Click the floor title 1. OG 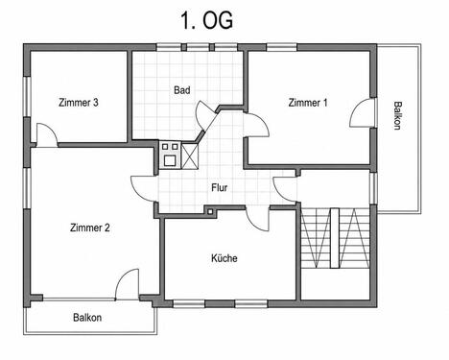pos(206,20)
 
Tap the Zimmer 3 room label pos(79,103)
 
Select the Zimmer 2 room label pos(90,228)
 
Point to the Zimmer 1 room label pos(308,103)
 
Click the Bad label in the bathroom pos(182,90)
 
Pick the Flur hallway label pos(220,187)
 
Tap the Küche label pos(224,258)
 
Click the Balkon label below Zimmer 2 pos(87,318)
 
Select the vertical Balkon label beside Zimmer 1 pos(397,115)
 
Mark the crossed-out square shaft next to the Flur pos(190,156)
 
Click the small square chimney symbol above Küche pos(210,211)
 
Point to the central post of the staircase pos(335,238)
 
